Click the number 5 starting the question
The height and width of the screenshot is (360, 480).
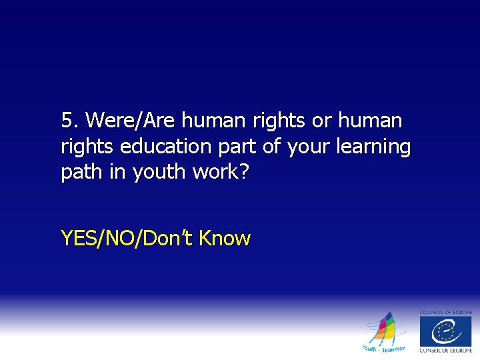pyautogui.click(x=67, y=121)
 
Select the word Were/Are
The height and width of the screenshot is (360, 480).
pyautogui.click(x=131, y=121)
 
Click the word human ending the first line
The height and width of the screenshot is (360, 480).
pyautogui.click(x=370, y=121)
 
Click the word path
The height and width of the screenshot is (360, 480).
pyautogui.click(x=78, y=172)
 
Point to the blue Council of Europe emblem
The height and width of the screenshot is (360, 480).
pyautogui.click(x=445, y=331)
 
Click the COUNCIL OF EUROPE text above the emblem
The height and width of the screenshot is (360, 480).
pyautogui.click(x=445, y=312)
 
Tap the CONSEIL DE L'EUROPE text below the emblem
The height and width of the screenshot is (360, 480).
pyautogui.click(x=445, y=351)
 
